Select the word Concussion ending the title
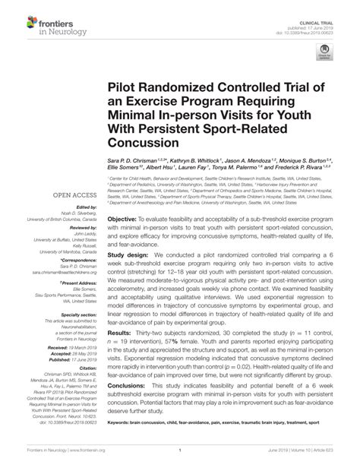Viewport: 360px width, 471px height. point(139,141)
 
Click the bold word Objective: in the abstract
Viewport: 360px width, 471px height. point(122,197)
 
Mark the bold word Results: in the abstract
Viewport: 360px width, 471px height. point(119,334)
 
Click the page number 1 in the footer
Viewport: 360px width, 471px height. point(180,460)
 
